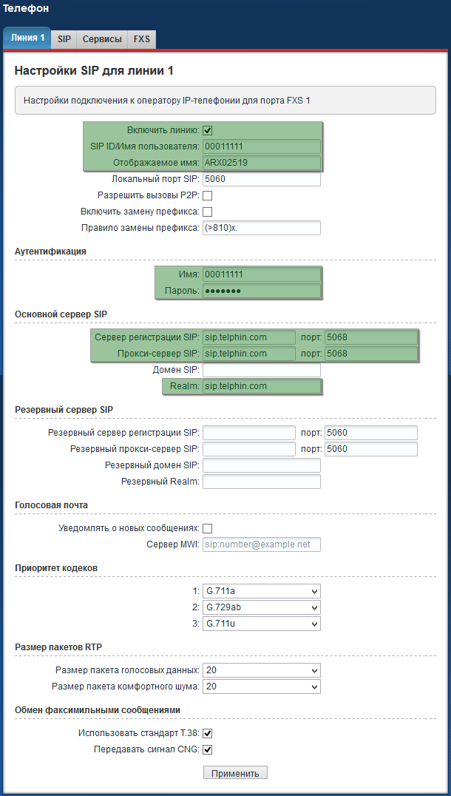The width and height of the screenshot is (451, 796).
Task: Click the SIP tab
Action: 64,39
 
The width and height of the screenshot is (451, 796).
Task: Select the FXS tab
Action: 141,39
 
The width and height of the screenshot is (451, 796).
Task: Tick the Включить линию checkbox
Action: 208,130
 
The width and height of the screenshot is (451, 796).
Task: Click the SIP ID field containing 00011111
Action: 261,146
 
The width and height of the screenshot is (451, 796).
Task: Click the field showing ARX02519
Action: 261,163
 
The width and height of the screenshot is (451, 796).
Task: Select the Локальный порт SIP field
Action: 261,179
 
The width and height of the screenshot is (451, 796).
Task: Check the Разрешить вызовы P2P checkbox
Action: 208,196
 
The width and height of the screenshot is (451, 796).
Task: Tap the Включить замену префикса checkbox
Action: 208,212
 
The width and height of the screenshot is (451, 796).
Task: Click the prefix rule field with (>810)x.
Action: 261,228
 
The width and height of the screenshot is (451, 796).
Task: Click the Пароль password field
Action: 261,291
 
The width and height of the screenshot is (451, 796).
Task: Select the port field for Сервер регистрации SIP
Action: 370,337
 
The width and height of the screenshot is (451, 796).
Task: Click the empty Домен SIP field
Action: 261,370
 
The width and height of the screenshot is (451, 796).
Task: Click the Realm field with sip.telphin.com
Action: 261,386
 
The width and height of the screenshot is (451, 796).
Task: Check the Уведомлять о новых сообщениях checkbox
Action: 208,528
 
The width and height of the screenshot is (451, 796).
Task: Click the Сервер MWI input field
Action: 261,544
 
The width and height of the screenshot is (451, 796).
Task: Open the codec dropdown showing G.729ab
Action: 261,607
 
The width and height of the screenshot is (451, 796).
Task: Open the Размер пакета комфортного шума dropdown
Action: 261,687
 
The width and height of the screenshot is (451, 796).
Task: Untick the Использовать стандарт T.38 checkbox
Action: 208,733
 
